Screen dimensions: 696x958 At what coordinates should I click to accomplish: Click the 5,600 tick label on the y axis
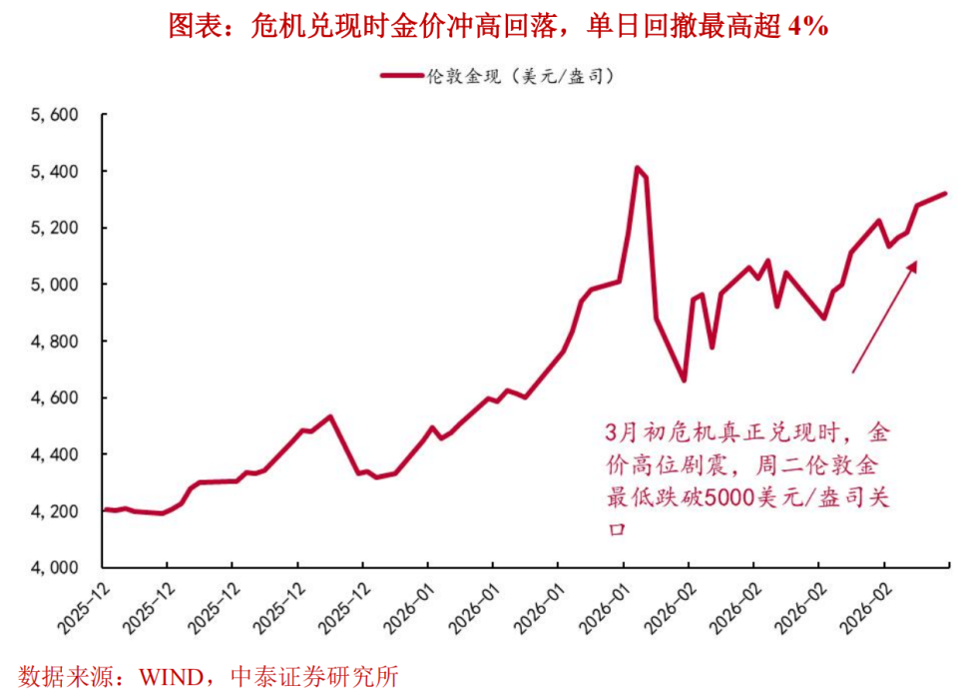pos(54,116)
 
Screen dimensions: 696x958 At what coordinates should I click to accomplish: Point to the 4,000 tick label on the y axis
pos(54,567)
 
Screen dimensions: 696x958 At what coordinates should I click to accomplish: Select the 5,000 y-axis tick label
pos(54,285)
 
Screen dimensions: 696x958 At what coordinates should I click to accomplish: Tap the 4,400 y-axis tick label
pos(54,454)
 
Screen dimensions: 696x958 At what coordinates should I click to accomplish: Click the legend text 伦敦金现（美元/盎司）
pos(519,76)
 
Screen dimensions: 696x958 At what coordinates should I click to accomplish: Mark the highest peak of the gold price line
pos(637,168)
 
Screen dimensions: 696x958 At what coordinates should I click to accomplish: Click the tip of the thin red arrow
pos(915,262)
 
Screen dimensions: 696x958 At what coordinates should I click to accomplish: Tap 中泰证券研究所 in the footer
pos(314,676)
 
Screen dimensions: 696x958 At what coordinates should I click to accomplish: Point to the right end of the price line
pos(945,194)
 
